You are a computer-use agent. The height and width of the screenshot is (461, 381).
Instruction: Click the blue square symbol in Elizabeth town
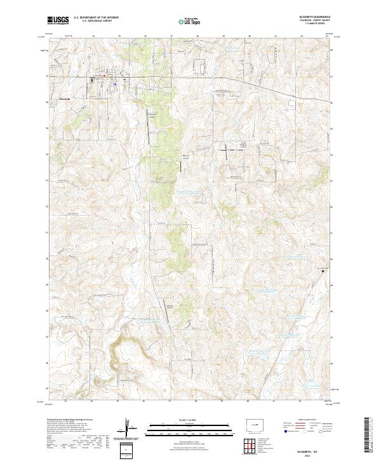[115, 82]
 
